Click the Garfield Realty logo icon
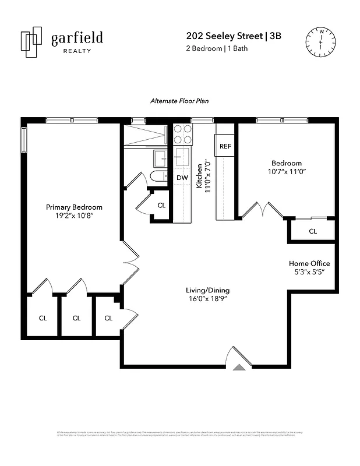[x=31, y=42]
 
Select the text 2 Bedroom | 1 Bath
[x=217, y=48]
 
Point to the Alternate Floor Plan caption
[x=179, y=101]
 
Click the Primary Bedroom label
[x=74, y=207]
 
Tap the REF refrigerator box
[x=225, y=146]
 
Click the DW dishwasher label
[x=182, y=178]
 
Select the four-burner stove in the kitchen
[x=183, y=135]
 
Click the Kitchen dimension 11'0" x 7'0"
[x=202, y=175]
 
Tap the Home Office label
[x=309, y=263]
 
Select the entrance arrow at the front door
[x=239, y=368]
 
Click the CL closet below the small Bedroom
[x=313, y=231]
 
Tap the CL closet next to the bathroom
[x=161, y=205]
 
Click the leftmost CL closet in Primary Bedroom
[x=43, y=317]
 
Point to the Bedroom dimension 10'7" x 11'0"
[x=287, y=172]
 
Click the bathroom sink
[x=160, y=158]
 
